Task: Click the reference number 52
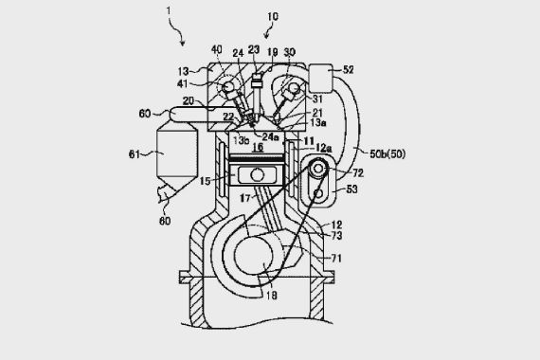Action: (349, 69)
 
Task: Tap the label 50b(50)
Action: (387, 153)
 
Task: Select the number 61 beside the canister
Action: (135, 154)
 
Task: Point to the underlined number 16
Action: (258, 148)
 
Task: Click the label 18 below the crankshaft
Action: (271, 296)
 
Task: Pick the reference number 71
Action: (336, 258)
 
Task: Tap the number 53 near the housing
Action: (351, 189)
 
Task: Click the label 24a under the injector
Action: (270, 136)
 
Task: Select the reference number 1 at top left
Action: (169, 11)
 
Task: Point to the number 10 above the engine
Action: (273, 16)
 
